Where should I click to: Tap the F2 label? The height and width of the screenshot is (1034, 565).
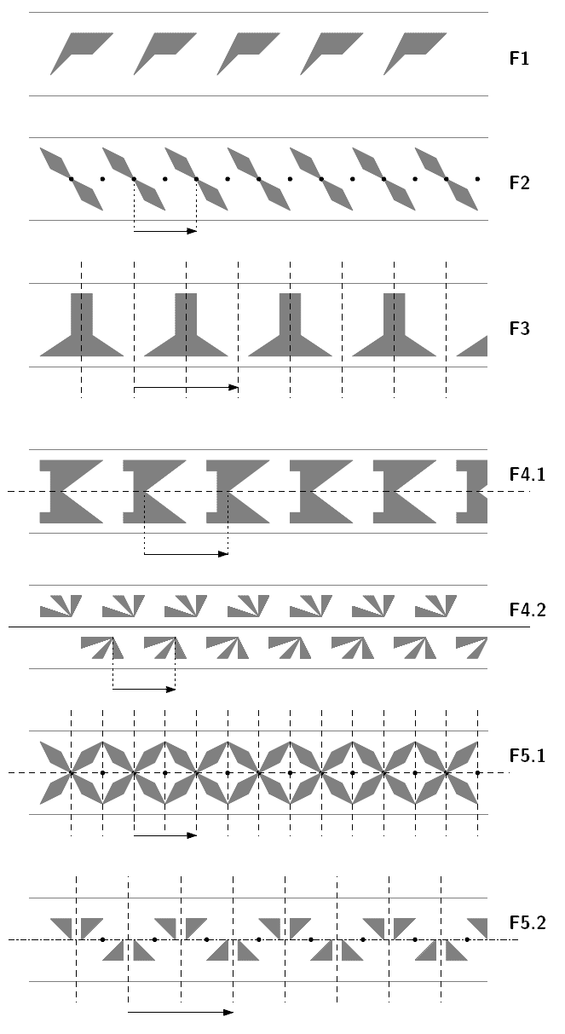point(519,182)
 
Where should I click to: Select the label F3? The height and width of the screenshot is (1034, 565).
point(519,328)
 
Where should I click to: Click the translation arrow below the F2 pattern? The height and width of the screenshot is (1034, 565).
point(165,230)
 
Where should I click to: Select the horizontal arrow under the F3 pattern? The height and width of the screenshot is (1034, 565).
point(186,388)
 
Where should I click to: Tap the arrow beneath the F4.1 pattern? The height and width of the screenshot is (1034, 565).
point(186,554)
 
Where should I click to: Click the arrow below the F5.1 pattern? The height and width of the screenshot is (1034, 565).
point(165,835)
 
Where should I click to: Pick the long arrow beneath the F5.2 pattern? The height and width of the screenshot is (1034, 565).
point(180,1012)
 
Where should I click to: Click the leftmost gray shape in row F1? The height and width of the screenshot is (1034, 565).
point(78,50)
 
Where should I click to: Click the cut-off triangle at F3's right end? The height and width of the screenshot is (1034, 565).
point(475,347)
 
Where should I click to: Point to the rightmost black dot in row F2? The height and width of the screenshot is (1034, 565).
point(477,179)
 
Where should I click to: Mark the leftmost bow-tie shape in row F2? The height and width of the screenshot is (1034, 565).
point(71,178)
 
